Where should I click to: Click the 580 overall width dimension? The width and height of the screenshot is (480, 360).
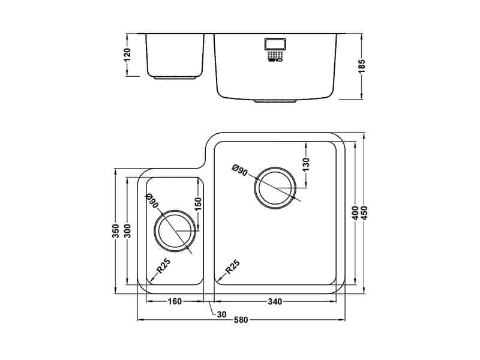(241, 320)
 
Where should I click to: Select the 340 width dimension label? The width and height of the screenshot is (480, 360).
(275, 302)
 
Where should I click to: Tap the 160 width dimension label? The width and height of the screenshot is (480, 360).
(175, 302)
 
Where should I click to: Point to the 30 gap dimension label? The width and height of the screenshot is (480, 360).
(221, 314)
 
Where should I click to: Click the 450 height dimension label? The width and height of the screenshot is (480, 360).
(364, 213)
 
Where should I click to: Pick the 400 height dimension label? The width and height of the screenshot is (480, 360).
(355, 213)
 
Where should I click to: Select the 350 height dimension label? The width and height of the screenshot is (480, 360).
(116, 231)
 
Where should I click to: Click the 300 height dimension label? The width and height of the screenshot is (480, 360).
(127, 231)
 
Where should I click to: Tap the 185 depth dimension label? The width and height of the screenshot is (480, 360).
(361, 67)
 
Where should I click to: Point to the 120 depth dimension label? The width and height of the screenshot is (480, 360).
(127, 55)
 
